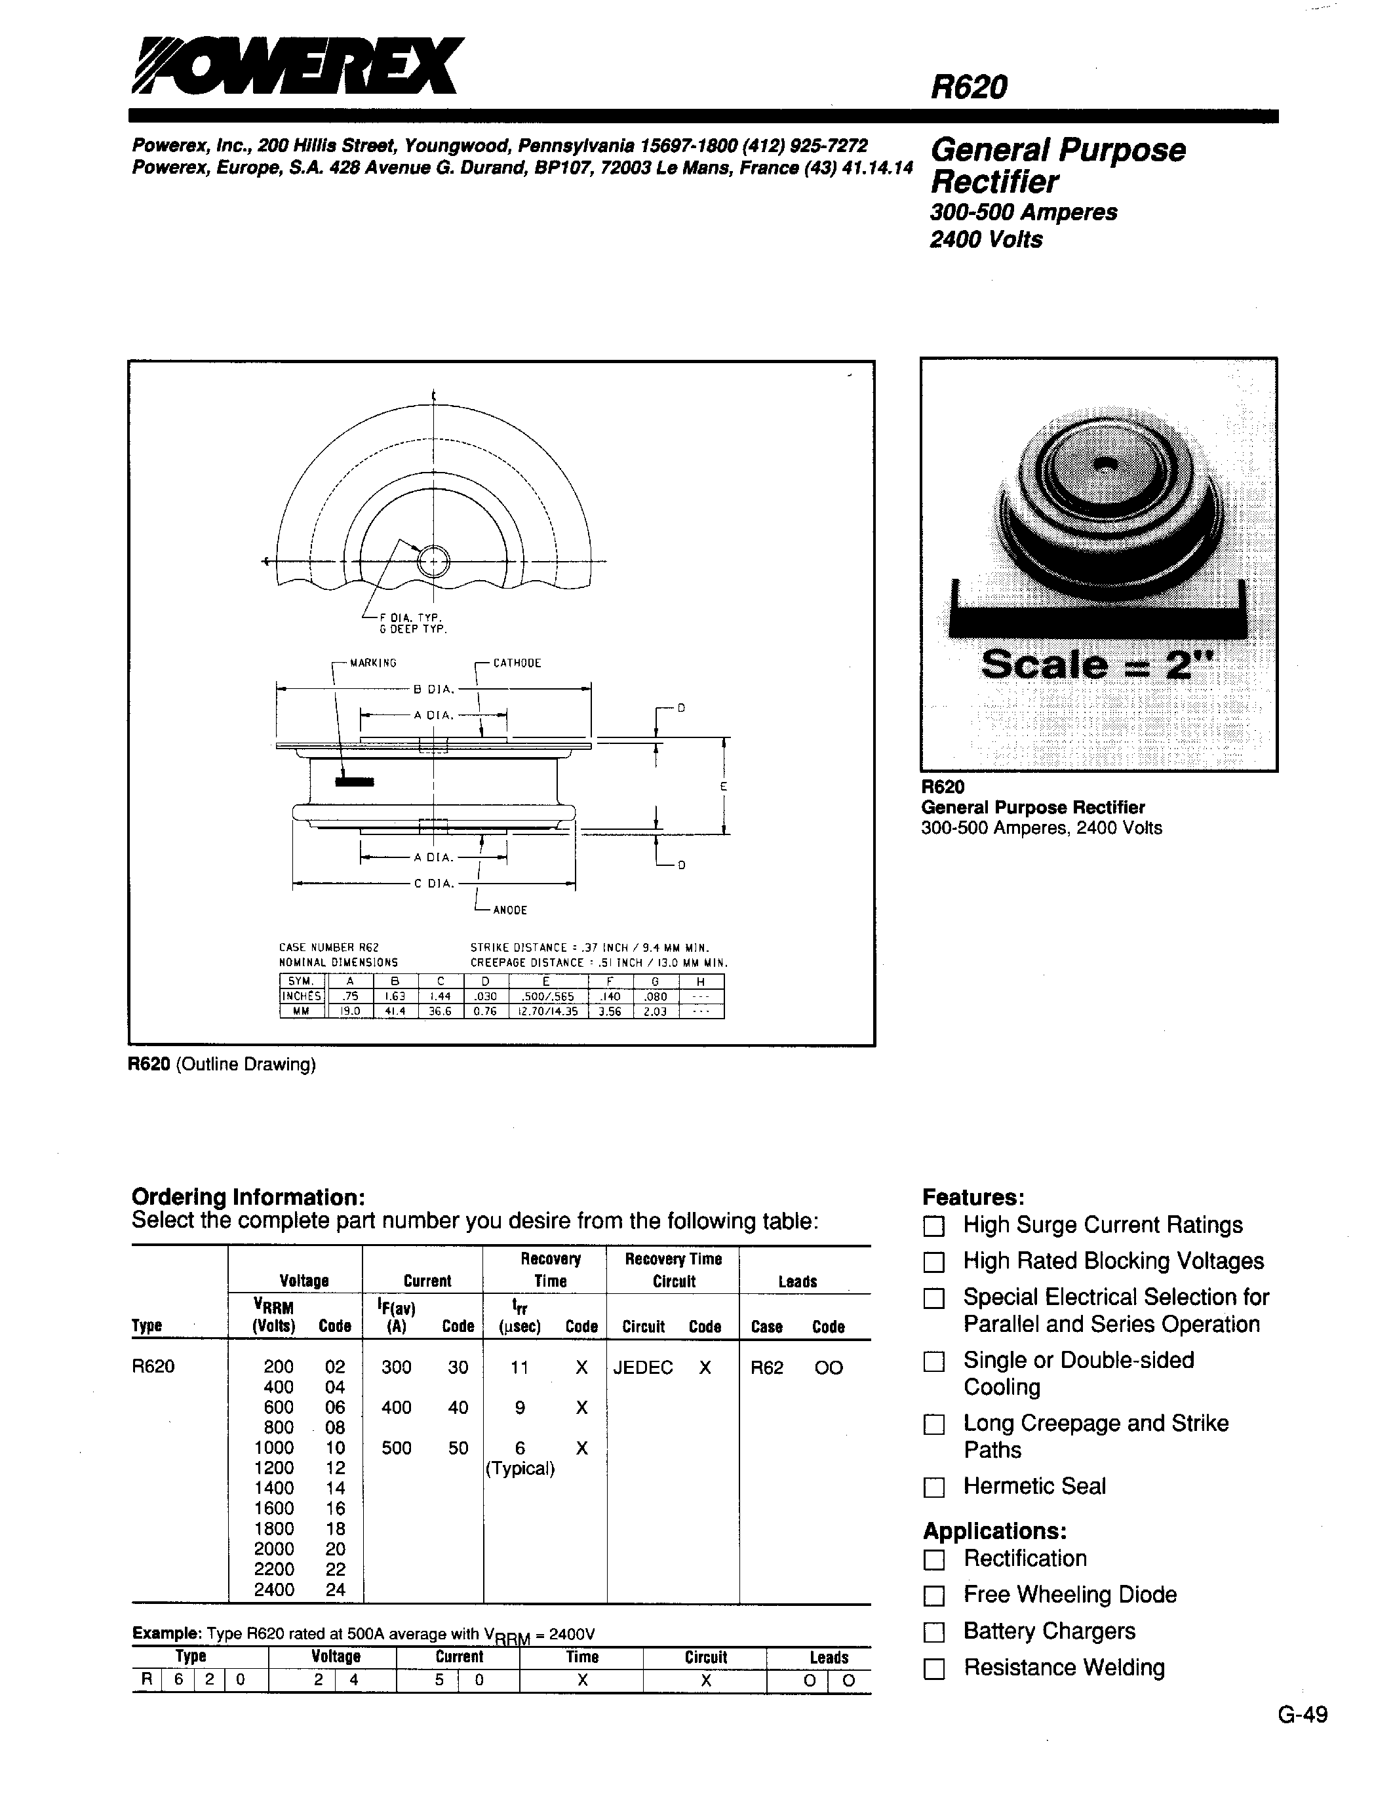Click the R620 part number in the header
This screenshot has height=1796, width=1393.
coord(969,87)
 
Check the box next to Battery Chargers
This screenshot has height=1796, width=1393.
coord(933,1632)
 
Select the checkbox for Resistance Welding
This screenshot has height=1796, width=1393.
coord(933,1669)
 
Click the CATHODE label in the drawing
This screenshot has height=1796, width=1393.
coord(517,663)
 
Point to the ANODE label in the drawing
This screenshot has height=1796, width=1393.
coord(510,910)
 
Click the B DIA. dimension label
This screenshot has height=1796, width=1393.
coord(433,690)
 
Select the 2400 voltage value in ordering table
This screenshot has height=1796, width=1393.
coord(274,1590)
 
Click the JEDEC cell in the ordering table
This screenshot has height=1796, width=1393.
coord(643,1367)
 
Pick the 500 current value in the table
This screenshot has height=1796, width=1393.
coord(397,1448)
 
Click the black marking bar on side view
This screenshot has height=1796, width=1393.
coord(353,781)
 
